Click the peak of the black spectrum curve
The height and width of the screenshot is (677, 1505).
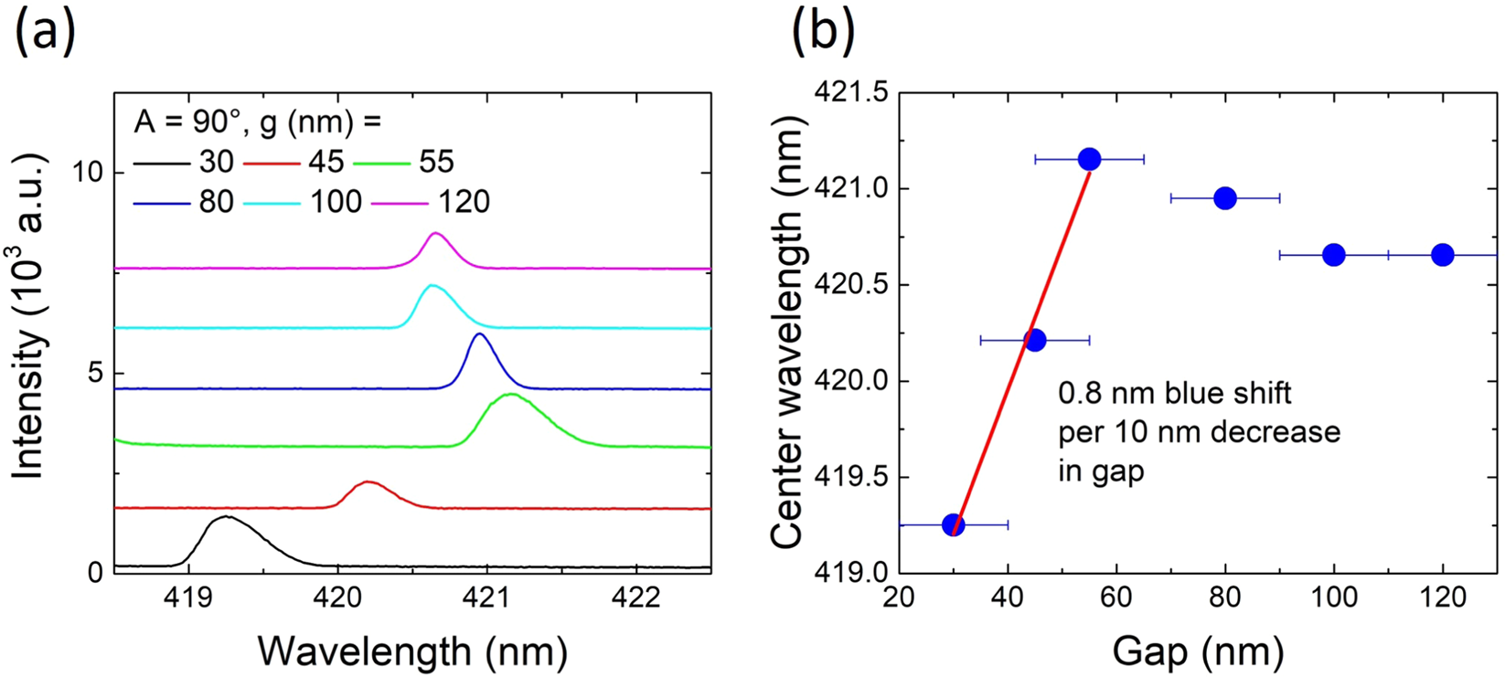pos(225,517)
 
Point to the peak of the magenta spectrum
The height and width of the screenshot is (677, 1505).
pos(436,234)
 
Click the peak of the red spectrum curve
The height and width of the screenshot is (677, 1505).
pos(368,481)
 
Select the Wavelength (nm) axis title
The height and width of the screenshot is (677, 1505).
pos(412,651)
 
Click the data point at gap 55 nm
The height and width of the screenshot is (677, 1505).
pos(1089,159)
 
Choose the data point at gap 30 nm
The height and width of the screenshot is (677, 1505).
pos(953,524)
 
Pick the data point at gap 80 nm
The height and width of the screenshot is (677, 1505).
pos(1225,197)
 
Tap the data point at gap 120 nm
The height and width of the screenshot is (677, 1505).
pos(1442,255)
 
